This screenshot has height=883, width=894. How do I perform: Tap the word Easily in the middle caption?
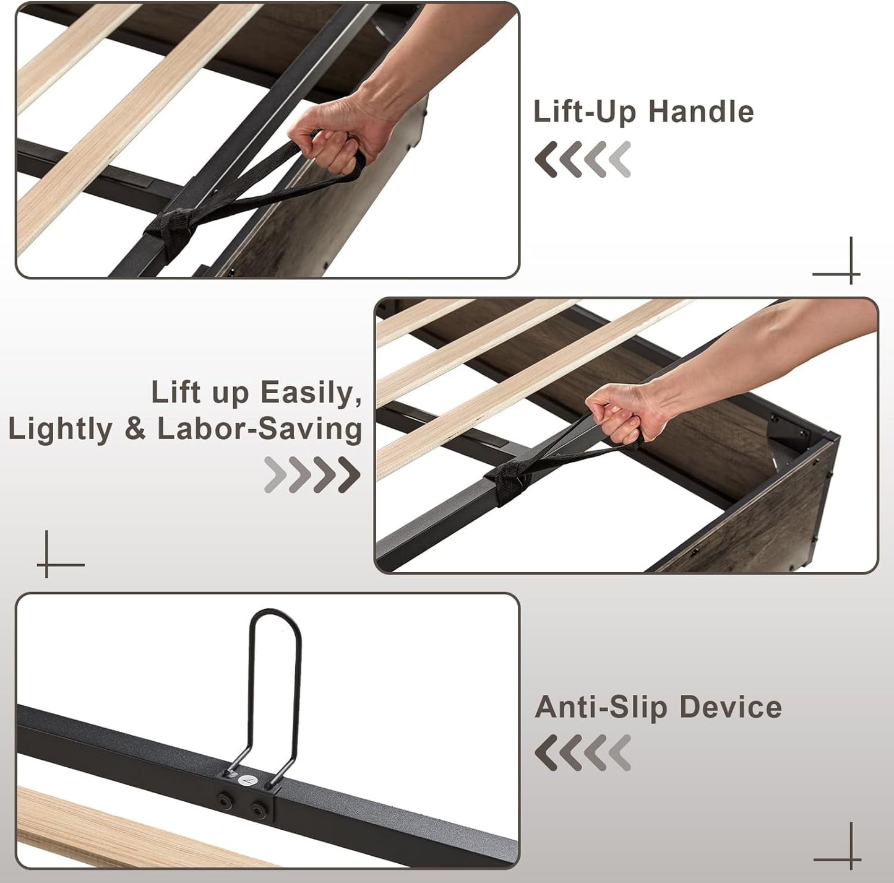click(311, 394)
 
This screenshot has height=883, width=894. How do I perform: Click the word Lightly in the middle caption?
click(60, 430)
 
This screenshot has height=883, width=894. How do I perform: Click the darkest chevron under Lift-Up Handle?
click(546, 159)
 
